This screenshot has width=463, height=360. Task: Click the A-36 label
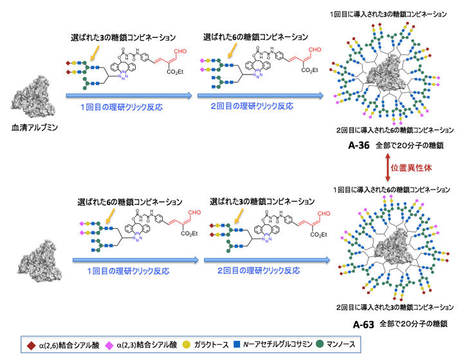pos(358,146)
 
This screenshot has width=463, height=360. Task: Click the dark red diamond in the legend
pos(30,344)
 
